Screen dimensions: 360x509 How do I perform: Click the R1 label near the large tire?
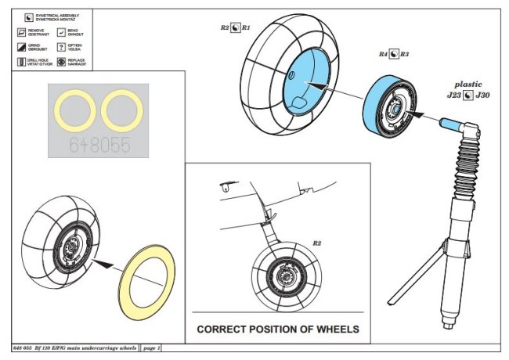(x=246, y=27)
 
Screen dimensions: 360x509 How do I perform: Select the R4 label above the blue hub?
(x=383, y=55)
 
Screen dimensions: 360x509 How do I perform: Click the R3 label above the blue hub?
(x=404, y=55)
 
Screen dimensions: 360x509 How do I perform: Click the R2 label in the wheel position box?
(x=317, y=243)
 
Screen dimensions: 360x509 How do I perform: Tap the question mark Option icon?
(x=61, y=46)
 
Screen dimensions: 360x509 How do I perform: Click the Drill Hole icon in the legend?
(x=20, y=60)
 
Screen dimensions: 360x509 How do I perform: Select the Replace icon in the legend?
(x=61, y=60)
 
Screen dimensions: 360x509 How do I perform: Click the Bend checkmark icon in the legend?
(x=61, y=32)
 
